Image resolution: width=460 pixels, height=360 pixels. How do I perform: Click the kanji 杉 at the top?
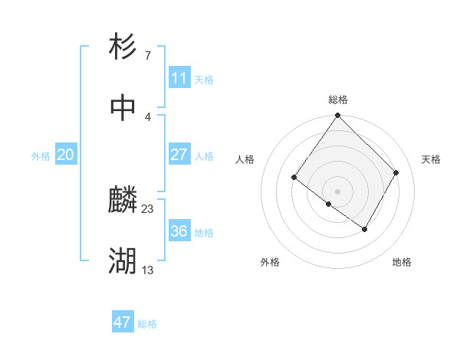[123, 47]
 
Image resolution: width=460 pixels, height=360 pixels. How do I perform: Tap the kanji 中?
[123, 108]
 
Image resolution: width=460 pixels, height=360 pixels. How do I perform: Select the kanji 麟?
[123, 201]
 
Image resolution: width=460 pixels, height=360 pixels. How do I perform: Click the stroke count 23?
[148, 208]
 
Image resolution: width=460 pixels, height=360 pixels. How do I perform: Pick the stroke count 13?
[148, 270]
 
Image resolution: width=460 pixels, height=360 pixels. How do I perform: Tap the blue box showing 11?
[179, 78]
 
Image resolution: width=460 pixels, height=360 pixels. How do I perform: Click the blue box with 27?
[179, 155]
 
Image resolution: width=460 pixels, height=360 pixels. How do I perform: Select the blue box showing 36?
[179, 231]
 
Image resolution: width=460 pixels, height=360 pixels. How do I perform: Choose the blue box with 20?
[65, 155]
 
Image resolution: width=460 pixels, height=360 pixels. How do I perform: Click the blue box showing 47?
[123, 322]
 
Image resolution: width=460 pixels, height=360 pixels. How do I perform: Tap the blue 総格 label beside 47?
[147, 324]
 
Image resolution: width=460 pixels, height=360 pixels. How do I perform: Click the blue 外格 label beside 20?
[41, 156]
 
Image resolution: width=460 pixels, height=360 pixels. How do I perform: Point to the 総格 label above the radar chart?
[338, 100]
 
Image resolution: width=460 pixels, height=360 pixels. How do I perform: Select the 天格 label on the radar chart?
[432, 159]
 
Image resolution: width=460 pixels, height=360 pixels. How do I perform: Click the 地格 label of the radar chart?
[402, 262]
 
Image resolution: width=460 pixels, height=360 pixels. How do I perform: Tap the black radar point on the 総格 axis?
[338, 116]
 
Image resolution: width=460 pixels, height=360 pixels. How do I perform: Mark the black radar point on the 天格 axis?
[396, 172]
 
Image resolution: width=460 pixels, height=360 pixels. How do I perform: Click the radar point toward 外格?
[328, 205]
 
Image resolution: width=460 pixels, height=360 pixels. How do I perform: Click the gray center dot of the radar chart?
[338, 191]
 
